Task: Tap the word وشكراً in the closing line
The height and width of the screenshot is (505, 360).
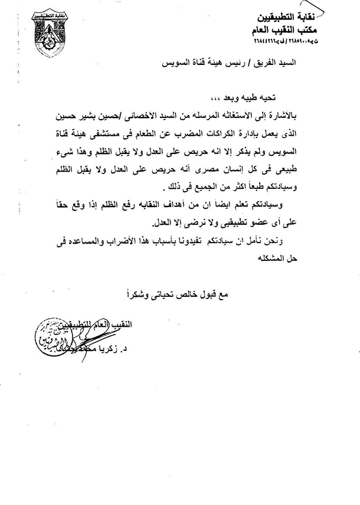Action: [142, 291]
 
